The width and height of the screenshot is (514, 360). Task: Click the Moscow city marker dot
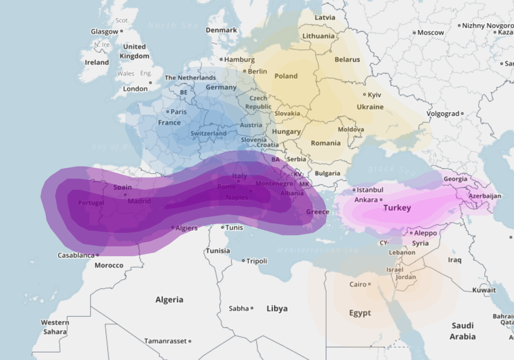(414, 32)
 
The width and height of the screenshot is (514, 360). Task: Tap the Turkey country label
(397, 208)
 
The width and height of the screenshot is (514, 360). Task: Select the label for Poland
(286, 76)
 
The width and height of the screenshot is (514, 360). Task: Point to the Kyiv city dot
(365, 95)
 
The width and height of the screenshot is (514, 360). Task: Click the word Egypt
(360, 313)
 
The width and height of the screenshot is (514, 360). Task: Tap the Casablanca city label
(76, 255)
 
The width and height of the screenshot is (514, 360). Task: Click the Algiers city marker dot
(173, 227)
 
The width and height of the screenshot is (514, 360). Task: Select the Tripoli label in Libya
(256, 261)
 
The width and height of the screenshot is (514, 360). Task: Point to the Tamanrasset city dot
(190, 341)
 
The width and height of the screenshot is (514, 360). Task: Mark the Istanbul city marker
(354, 190)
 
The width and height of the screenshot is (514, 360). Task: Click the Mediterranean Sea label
(317, 250)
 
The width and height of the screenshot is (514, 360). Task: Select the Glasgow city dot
(122, 31)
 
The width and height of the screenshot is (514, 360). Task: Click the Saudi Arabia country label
(463, 331)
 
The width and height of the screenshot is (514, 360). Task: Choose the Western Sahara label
(54, 327)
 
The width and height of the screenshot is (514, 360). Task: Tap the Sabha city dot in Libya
(252, 309)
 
